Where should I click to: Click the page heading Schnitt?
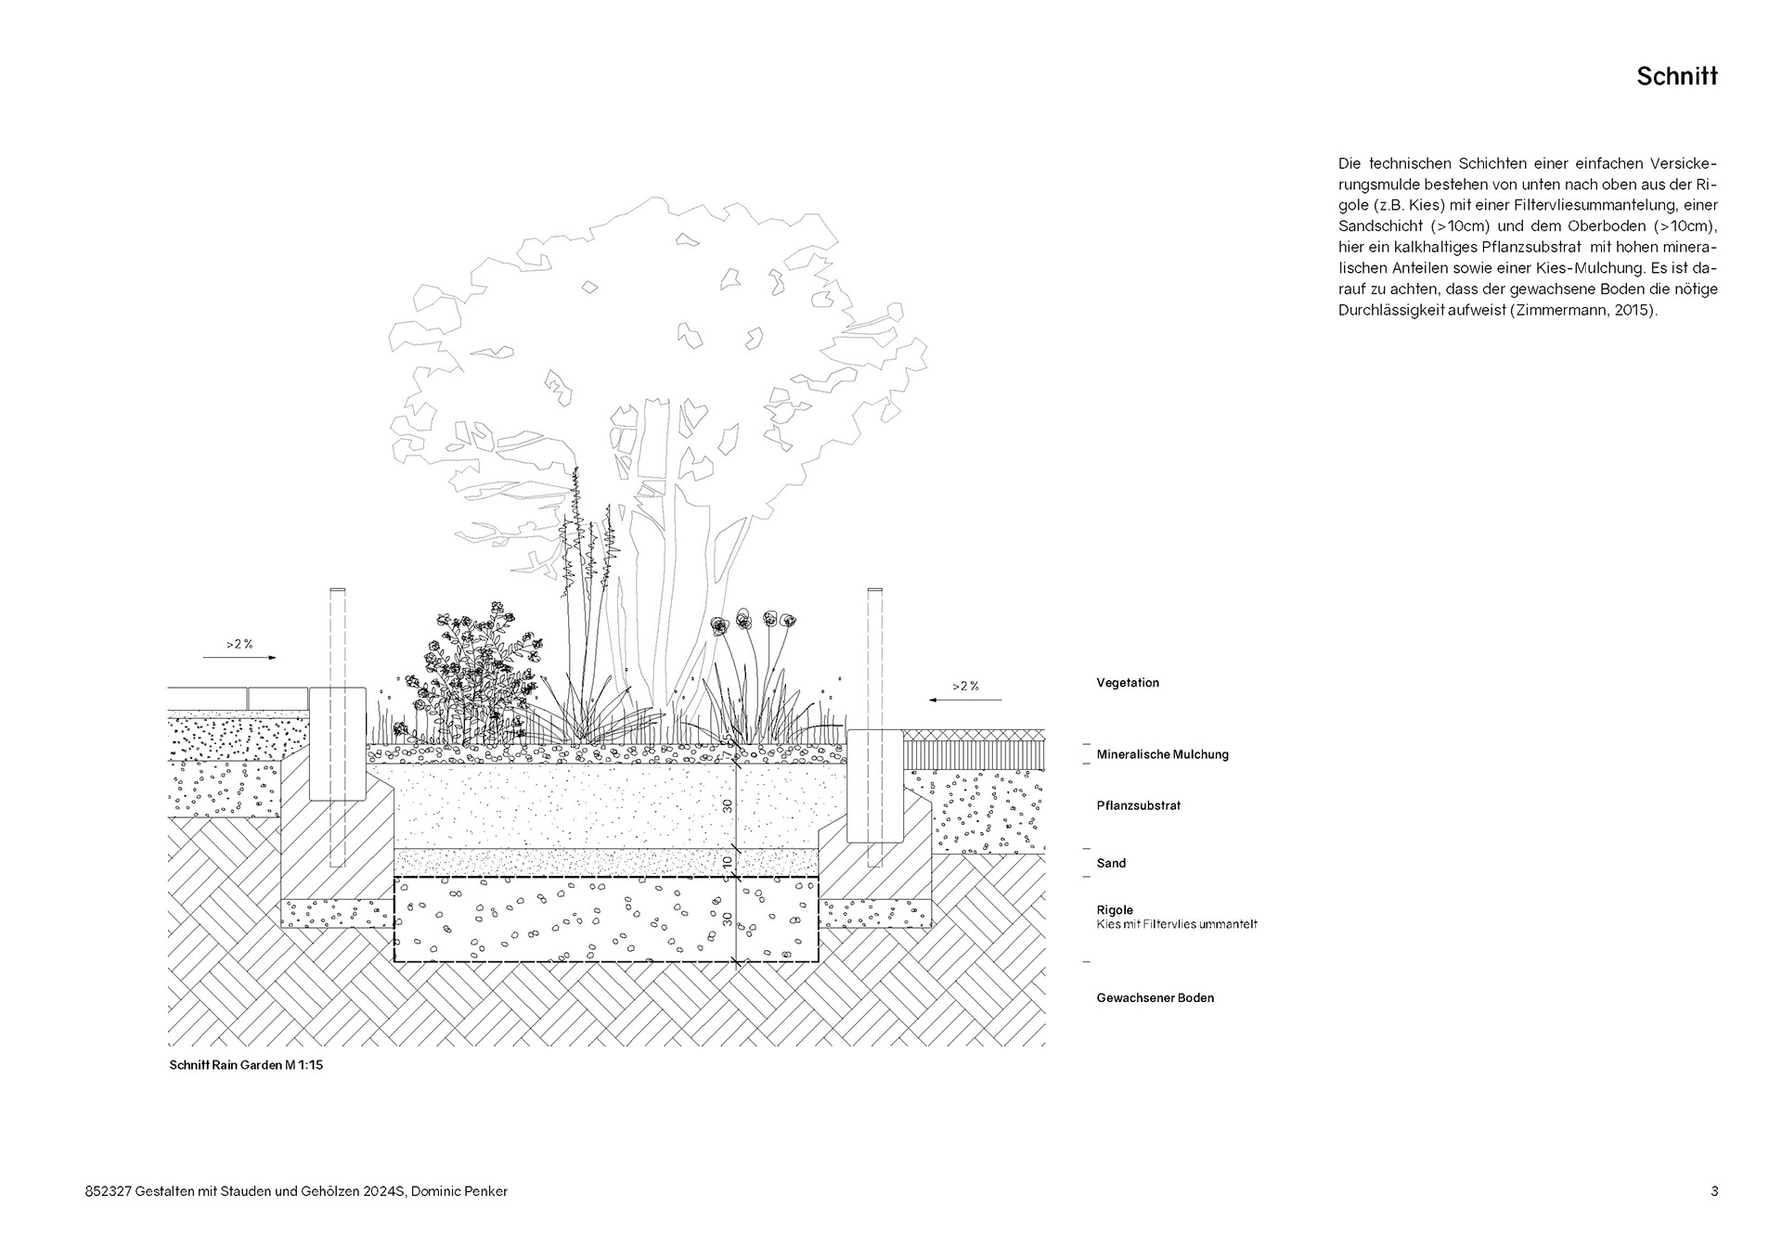click(1676, 77)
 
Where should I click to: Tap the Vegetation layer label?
click(1128, 683)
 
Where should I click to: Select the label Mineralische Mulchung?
click(1162, 754)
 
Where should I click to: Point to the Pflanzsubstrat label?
click(1138, 805)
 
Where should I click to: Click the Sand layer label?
click(1111, 863)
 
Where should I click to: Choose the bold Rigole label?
click(1115, 910)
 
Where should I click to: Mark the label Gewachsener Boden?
click(1155, 998)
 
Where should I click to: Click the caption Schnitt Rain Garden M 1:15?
click(246, 1065)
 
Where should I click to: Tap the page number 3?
click(1714, 1191)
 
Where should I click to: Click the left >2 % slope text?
click(239, 643)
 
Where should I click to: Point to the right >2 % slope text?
click(965, 687)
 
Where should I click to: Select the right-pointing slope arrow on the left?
click(239, 658)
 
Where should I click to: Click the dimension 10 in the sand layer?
click(728, 862)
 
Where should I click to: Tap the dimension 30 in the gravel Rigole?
click(728, 919)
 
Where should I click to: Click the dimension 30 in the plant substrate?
click(728, 805)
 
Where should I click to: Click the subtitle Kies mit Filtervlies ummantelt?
click(1177, 924)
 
